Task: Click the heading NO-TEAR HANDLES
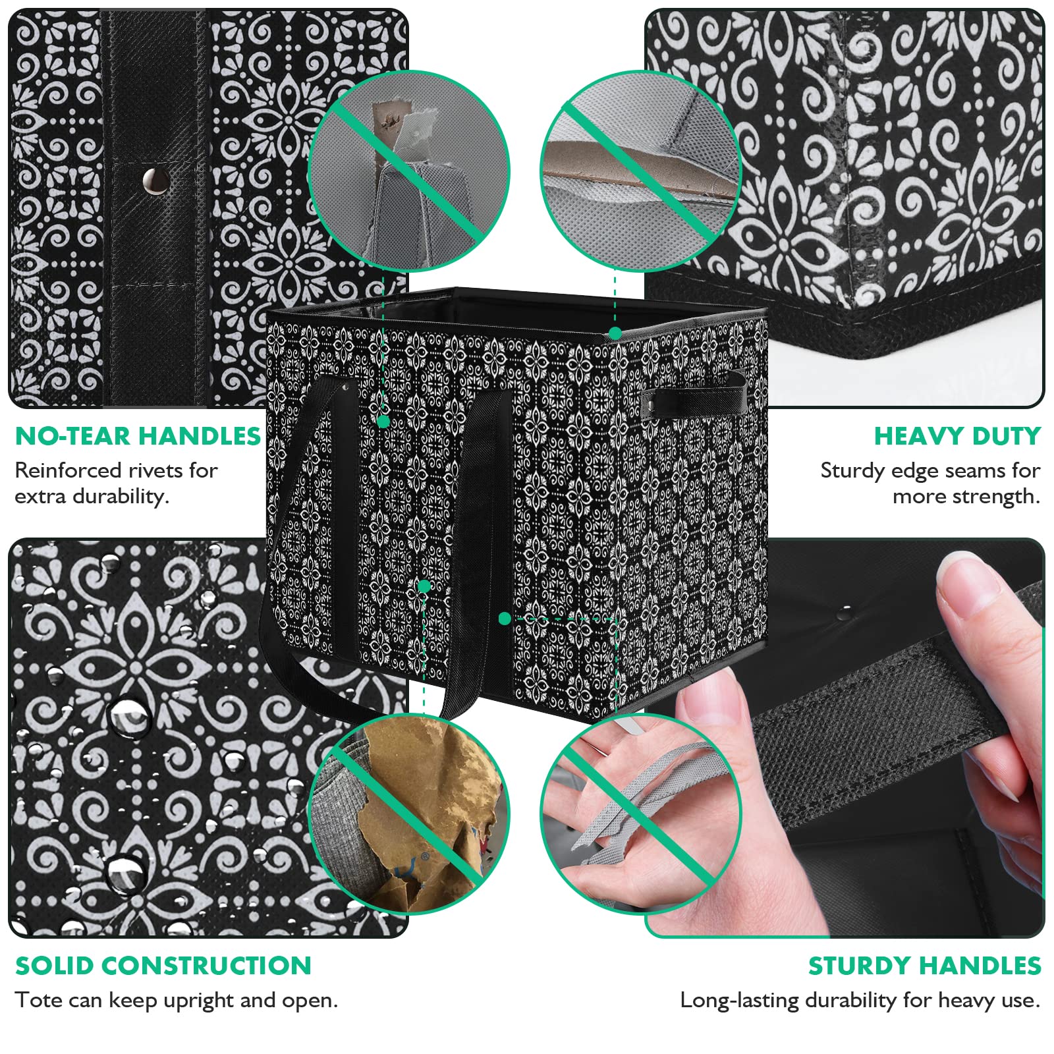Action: (x=138, y=436)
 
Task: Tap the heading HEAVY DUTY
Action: (x=957, y=436)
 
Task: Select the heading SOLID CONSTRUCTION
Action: (x=163, y=966)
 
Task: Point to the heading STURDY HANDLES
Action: (x=924, y=966)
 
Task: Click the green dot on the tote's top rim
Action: (x=615, y=333)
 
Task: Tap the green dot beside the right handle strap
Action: (x=505, y=618)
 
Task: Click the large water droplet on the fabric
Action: (x=128, y=715)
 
